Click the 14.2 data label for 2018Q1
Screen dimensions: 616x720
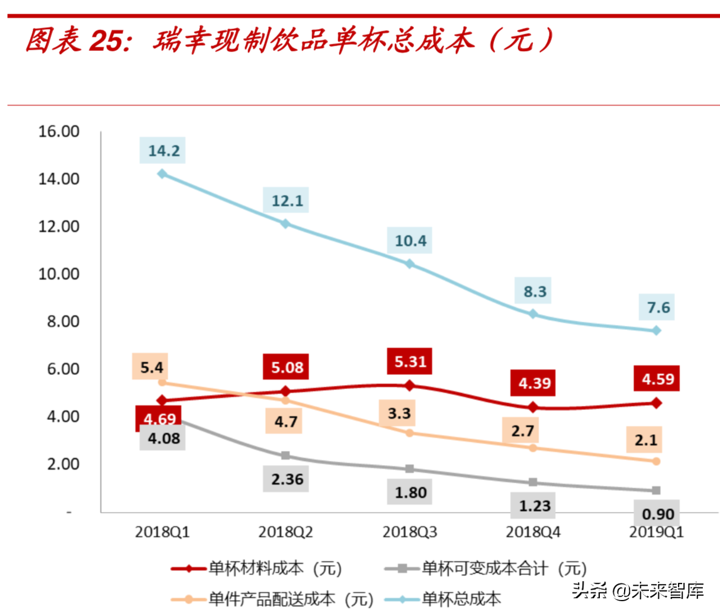[163, 150]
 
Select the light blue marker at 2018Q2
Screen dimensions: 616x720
[285, 223]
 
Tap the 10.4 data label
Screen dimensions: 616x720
[410, 240]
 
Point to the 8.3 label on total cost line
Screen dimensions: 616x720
[534, 291]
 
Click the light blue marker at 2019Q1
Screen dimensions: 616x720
[657, 331]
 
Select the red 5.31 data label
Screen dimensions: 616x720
[410, 361]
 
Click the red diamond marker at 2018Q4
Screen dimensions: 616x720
[533, 407]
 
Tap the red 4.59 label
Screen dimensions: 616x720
[657, 378]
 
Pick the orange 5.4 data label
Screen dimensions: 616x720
[152, 367]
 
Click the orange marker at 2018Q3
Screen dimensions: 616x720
[409, 433]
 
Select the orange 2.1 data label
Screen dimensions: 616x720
[645, 440]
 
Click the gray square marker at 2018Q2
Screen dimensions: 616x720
[285, 455]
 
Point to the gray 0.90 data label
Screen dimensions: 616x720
[658, 514]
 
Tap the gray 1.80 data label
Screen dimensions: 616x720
[410, 492]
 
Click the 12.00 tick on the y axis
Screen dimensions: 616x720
[59, 226]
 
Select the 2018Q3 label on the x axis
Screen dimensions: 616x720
[409, 532]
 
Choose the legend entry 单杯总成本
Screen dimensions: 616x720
[461, 599]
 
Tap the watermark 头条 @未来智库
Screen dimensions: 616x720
[637, 591]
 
